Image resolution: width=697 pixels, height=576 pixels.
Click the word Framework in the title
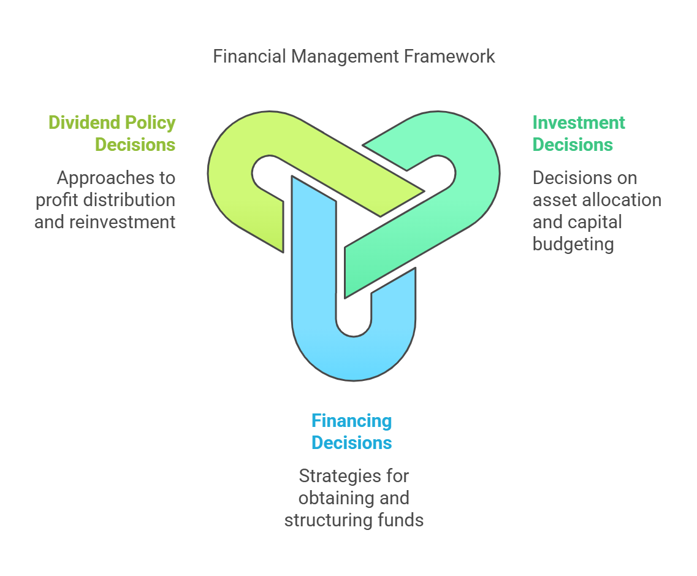tap(449, 56)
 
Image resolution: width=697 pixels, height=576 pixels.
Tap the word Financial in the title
tap(249, 56)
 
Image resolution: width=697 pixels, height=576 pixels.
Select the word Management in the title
tap(345, 57)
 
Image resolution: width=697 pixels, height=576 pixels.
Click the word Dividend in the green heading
tap(84, 122)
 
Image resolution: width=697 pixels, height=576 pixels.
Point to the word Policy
tap(150, 123)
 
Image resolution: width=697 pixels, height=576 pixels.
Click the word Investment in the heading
tap(579, 122)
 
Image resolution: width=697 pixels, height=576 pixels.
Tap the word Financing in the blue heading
tap(352, 421)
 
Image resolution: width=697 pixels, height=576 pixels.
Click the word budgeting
tap(573, 245)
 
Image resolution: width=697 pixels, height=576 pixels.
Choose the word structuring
tap(329, 521)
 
